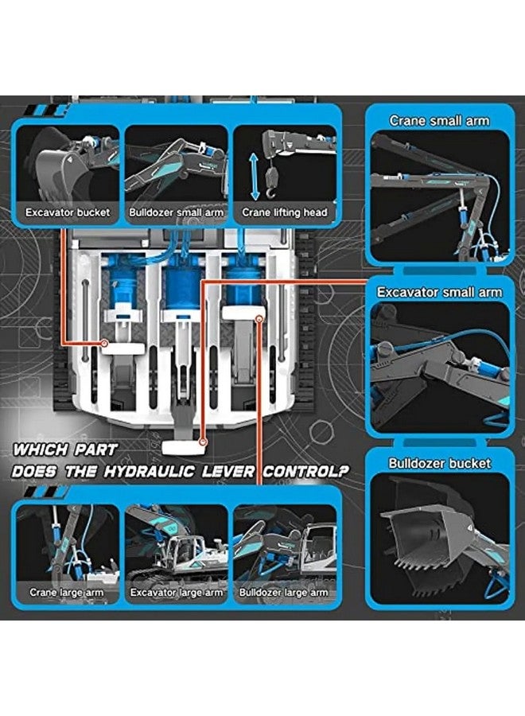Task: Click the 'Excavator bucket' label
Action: pyautogui.click(x=68, y=212)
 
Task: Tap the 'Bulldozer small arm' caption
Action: pyautogui.click(x=176, y=212)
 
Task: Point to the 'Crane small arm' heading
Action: pyautogui.click(x=439, y=121)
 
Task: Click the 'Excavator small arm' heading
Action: pyautogui.click(x=439, y=292)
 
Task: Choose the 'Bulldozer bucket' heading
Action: pyautogui.click(x=439, y=463)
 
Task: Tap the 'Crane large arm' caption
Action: pyautogui.click(x=67, y=592)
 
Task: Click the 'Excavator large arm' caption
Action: pyautogui.click(x=176, y=592)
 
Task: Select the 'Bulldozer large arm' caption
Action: pyautogui.click(x=284, y=592)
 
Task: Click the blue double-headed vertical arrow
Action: pyautogui.click(x=254, y=177)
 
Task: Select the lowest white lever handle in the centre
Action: pyautogui.click(x=182, y=448)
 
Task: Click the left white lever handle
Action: pyautogui.click(x=122, y=348)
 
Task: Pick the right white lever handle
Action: pyautogui.click(x=243, y=313)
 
